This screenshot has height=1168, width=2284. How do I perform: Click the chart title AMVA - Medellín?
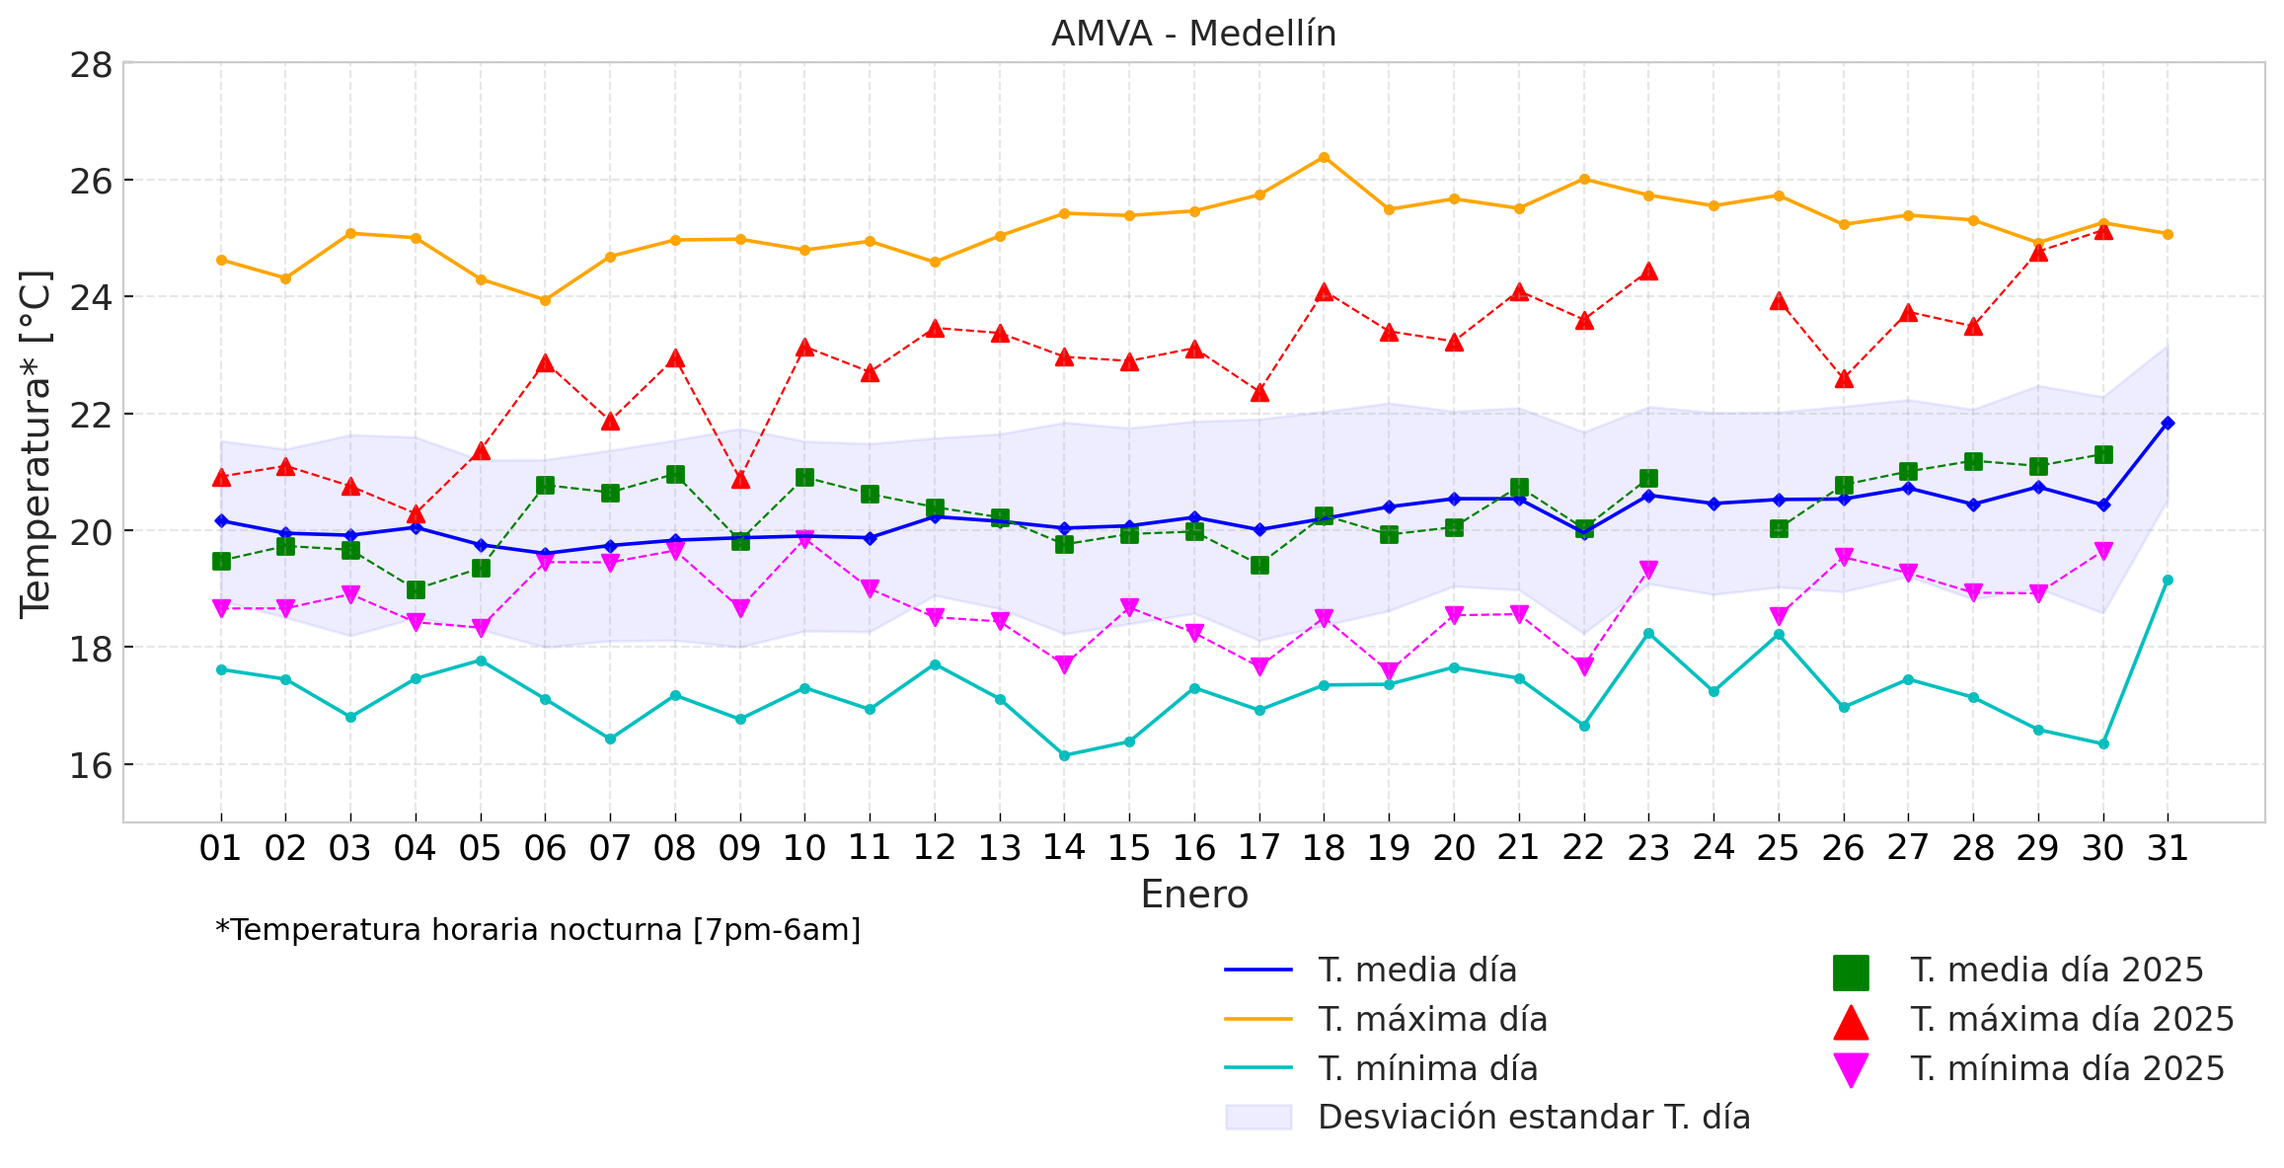click(x=1193, y=35)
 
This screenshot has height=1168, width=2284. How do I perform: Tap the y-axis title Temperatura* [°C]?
click(x=36, y=444)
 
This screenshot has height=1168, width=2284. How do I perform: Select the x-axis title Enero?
click(x=1193, y=895)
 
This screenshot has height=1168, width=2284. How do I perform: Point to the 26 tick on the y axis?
click(x=90, y=181)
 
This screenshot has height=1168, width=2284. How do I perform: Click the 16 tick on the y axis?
click(x=90, y=765)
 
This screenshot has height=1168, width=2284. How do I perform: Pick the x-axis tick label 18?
click(x=1324, y=848)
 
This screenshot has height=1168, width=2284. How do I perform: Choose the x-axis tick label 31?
click(x=2168, y=848)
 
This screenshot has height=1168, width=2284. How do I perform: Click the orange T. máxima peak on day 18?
click(x=1324, y=157)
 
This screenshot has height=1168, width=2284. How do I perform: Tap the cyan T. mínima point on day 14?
click(x=1064, y=755)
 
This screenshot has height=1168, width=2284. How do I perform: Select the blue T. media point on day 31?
click(x=2168, y=423)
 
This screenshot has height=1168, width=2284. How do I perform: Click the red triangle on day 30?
click(x=2103, y=231)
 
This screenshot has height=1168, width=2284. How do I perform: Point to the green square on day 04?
click(x=416, y=589)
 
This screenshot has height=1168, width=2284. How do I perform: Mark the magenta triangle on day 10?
click(x=804, y=539)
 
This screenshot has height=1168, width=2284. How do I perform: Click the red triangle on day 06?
click(x=545, y=364)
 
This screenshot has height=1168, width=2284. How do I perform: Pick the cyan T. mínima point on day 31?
click(x=2168, y=580)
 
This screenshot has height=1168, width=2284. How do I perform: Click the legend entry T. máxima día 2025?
click(x=2072, y=1020)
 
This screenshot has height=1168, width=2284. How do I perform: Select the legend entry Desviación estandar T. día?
click(x=1534, y=1118)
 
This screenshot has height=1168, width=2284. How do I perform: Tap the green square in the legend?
click(x=1851, y=972)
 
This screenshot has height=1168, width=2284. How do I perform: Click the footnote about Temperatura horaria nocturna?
click(x=538, y=930)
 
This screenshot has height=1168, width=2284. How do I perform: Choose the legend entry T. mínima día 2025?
click(x=2067, y=1069)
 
